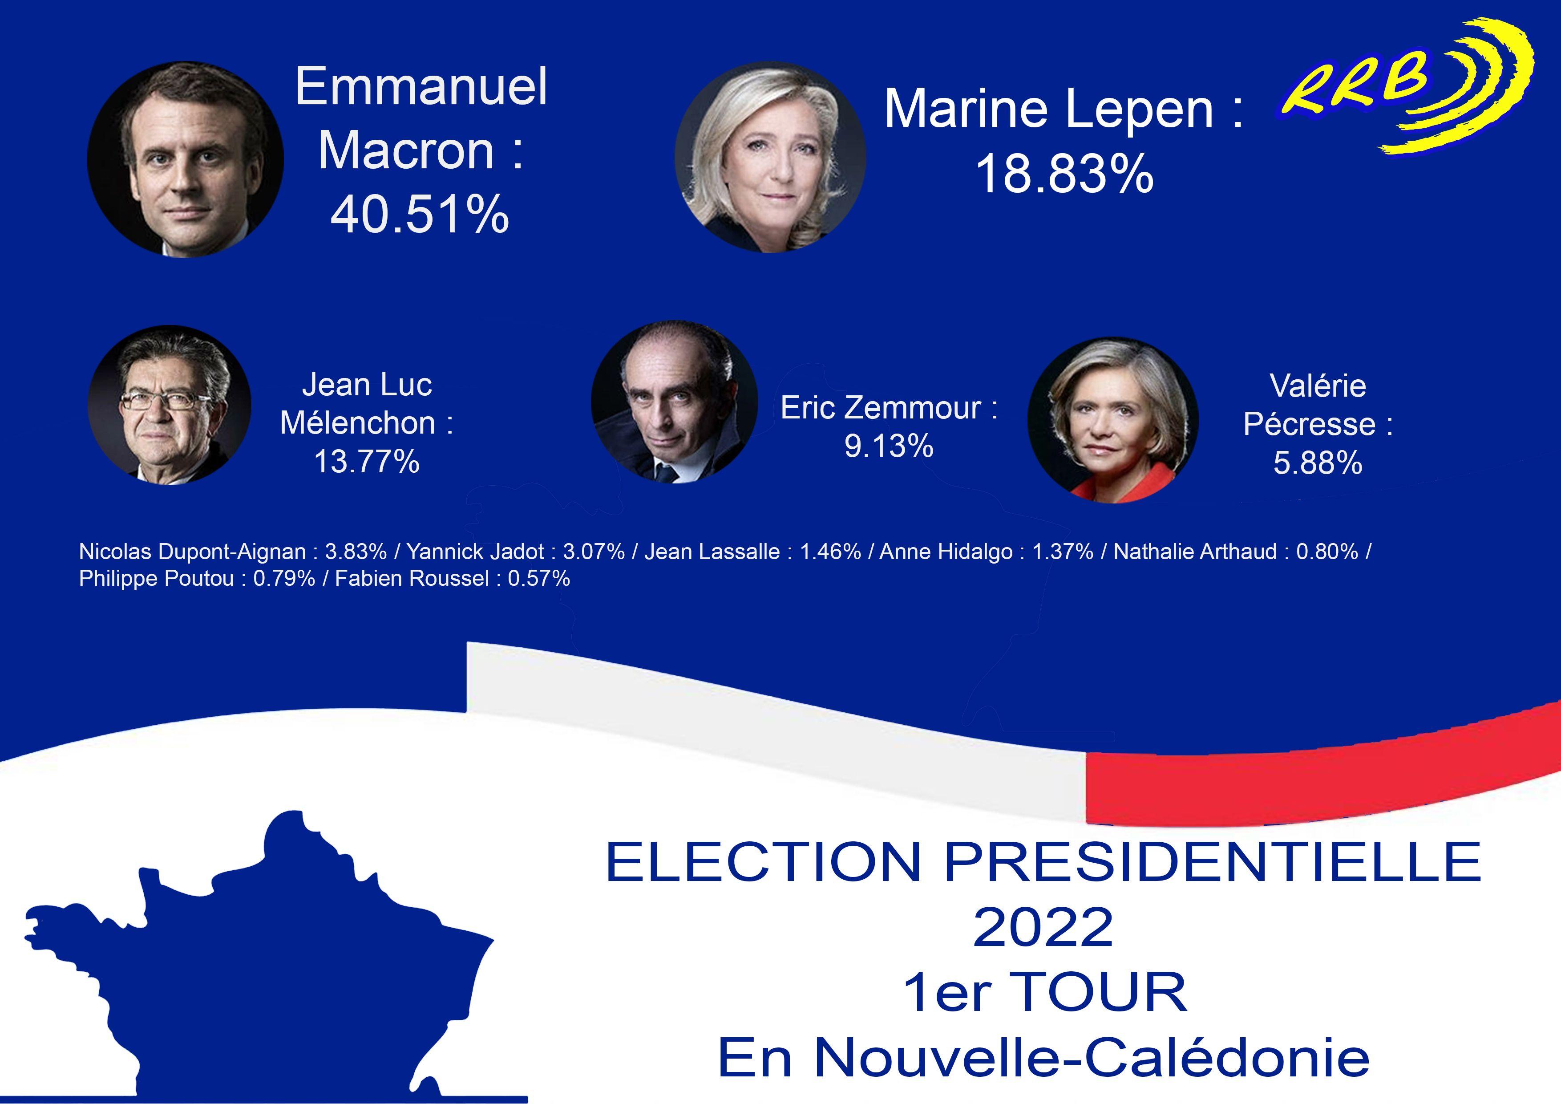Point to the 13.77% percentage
click(367, 462)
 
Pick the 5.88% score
click(1318, 463)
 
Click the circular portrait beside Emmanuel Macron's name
click(186, 159)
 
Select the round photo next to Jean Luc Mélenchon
click(169, 405)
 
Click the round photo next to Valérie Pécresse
click(1112, 420)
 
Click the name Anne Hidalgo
click(946, 552)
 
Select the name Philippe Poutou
click(156, 579)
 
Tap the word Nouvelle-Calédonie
click(1091, 1059)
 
